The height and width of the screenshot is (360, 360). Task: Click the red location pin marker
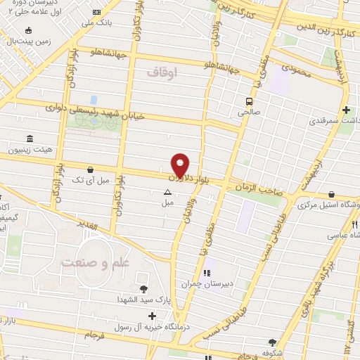tap(181, 165)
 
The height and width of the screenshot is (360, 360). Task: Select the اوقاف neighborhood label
tap(163, 72)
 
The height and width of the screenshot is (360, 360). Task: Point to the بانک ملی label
tap(97, 23)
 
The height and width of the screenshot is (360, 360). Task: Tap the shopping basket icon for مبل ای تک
tap(91, 169)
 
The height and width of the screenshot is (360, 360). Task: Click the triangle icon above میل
tap(167, 191)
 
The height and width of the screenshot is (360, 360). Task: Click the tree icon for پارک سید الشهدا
tap(144, 288)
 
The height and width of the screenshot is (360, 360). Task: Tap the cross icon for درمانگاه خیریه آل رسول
tap(153, 317)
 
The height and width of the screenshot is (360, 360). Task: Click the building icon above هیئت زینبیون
tap(29, 138)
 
